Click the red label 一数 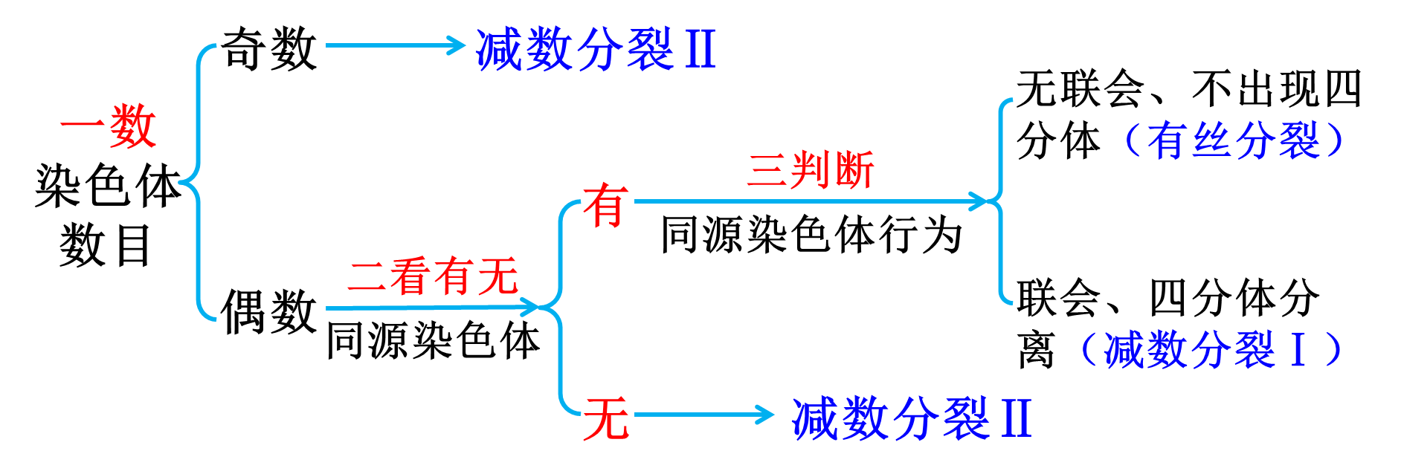(109, 126)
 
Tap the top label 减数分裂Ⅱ (595, 50)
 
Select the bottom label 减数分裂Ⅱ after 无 (911, 418)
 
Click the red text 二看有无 (433, 276)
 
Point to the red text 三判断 (810, 170)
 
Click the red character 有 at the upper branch (606, 206)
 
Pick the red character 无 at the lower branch (606, 418)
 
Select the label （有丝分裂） (1234, 140)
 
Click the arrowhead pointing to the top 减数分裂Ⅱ (456, 45)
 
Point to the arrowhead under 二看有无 (529, 306)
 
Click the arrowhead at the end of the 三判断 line (979, 201)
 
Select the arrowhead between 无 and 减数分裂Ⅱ (765, 414)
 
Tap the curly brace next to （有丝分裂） (1002, 201)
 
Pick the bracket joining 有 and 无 (561, 306)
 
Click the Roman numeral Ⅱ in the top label (700, 50)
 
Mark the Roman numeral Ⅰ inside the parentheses (1298, 350)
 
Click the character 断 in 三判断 (853, 170)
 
